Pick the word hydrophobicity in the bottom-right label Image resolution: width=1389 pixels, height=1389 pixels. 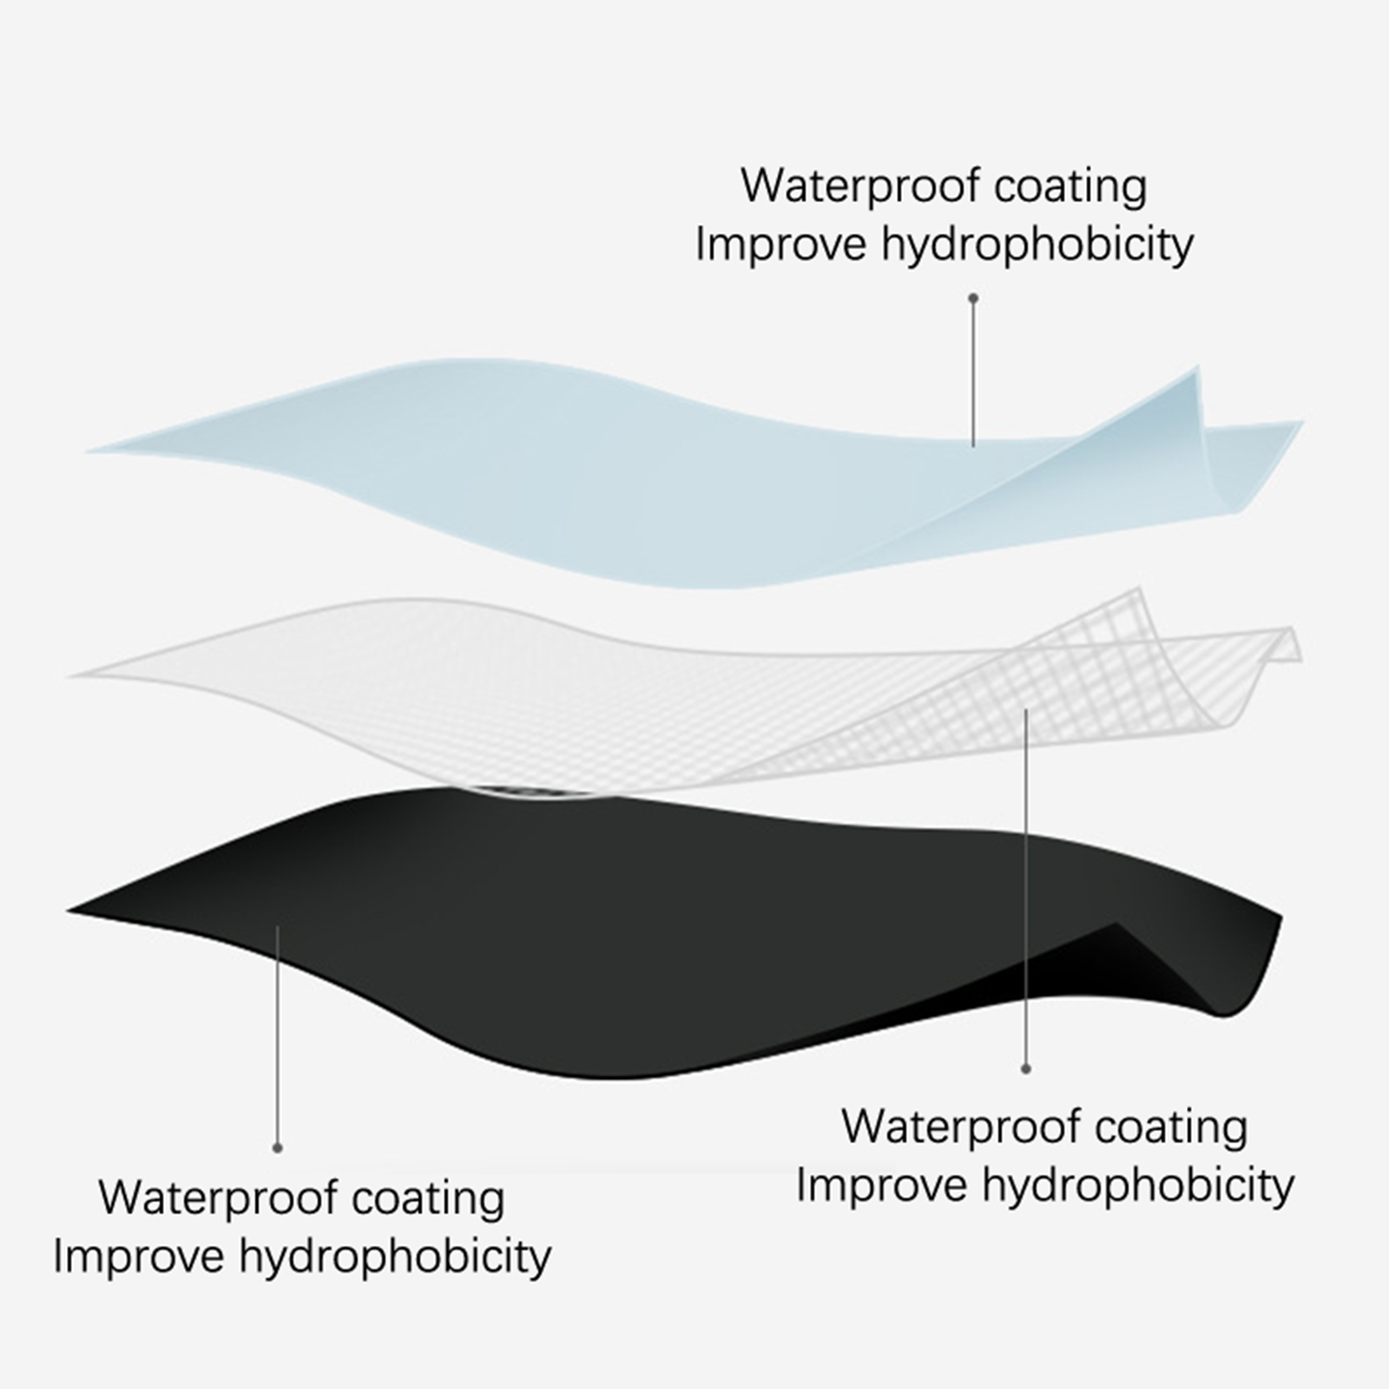(1138, 1186)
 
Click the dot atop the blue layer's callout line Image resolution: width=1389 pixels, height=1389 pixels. (974, 298)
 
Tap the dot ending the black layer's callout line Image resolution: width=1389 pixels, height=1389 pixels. (278, 1148)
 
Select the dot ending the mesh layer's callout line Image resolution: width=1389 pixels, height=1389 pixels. (1026, 1069)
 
